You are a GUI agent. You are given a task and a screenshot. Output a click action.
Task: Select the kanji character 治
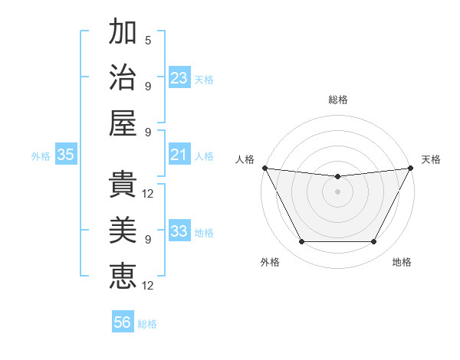(x=123, y=78)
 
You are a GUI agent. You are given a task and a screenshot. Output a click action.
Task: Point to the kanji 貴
(x=123, y=185)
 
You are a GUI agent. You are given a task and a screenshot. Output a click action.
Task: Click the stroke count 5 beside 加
(x=148, y=40)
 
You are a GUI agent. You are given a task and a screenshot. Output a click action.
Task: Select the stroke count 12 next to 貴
(x=149, y=193)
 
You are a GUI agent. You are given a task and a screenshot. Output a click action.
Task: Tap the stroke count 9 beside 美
(x=148, y=239)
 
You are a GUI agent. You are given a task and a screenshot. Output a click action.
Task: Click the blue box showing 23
(x=179, y=78)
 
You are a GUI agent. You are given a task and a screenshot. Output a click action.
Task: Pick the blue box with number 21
(x=179, y=155)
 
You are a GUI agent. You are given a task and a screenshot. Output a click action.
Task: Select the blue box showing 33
(x=179, y=231)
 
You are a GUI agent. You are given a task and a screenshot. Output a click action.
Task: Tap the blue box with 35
(x=66, y=155)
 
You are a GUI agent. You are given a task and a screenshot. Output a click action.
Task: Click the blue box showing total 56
(x=123, y=322)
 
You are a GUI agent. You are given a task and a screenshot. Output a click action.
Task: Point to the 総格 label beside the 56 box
(x=147, y=324)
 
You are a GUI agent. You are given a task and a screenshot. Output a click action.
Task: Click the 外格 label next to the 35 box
(x=41, y=156)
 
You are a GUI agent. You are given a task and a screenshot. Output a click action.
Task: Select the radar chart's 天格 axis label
(x=431, y=159)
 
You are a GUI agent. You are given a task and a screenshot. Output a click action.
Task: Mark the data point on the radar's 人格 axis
(x=264, y=168)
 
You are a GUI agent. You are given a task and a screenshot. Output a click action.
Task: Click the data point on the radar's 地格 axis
(x=374, y=242)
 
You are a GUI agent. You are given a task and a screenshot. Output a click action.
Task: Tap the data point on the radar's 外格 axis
(x=301, y=242)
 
